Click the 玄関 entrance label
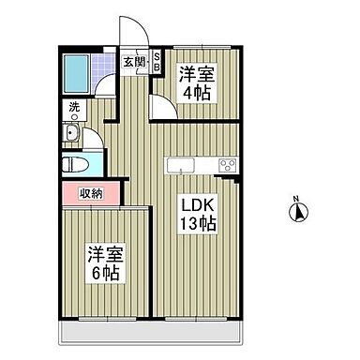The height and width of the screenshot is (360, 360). pyautogui.click(x=134, y=63)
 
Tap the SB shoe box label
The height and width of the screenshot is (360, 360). pyautogui.click(x=157, y=63)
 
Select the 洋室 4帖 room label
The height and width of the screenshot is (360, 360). pyautogui.click(x=198, y=83)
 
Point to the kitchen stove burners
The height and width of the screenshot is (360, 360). pyautogui.click(x=227, y=166)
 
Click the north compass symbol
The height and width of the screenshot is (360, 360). pyautogui.click(x=295, y=214)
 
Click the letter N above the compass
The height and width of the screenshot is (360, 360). pyautogui.click(x=295, y=199)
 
